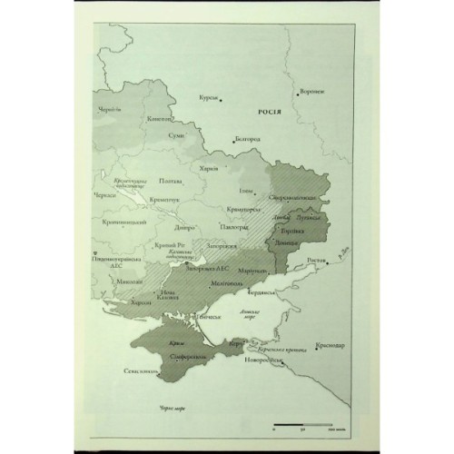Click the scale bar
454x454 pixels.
coord(300,423)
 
